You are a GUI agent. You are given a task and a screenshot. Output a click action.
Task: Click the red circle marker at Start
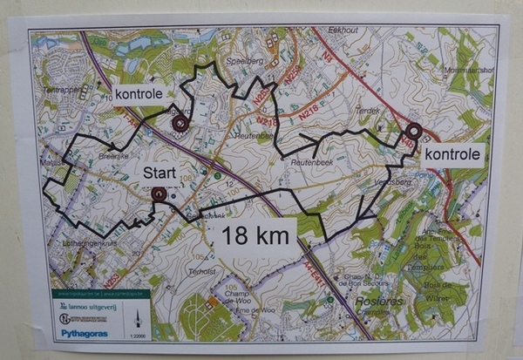(159, 194)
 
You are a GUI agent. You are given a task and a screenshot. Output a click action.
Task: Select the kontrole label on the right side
(452, 155)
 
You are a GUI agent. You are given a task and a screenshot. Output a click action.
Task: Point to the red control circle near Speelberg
(180, 124)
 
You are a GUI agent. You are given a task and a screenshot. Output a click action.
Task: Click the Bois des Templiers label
(433, 246)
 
